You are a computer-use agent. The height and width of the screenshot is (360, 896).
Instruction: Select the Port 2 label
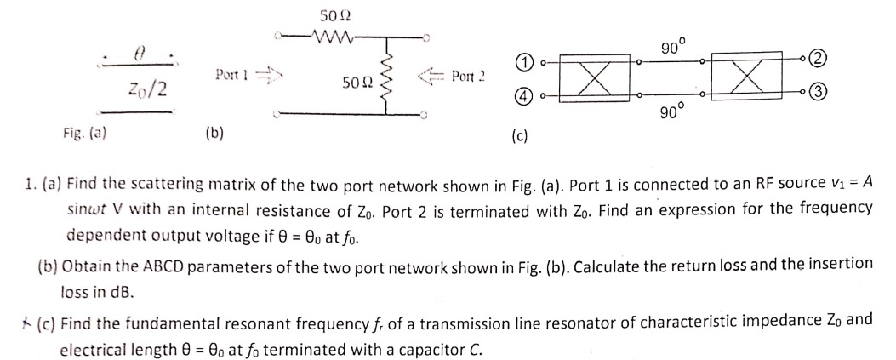click(x=468, y=77)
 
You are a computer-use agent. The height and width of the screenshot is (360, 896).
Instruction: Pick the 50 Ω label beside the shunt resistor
click(x=356, y=83)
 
